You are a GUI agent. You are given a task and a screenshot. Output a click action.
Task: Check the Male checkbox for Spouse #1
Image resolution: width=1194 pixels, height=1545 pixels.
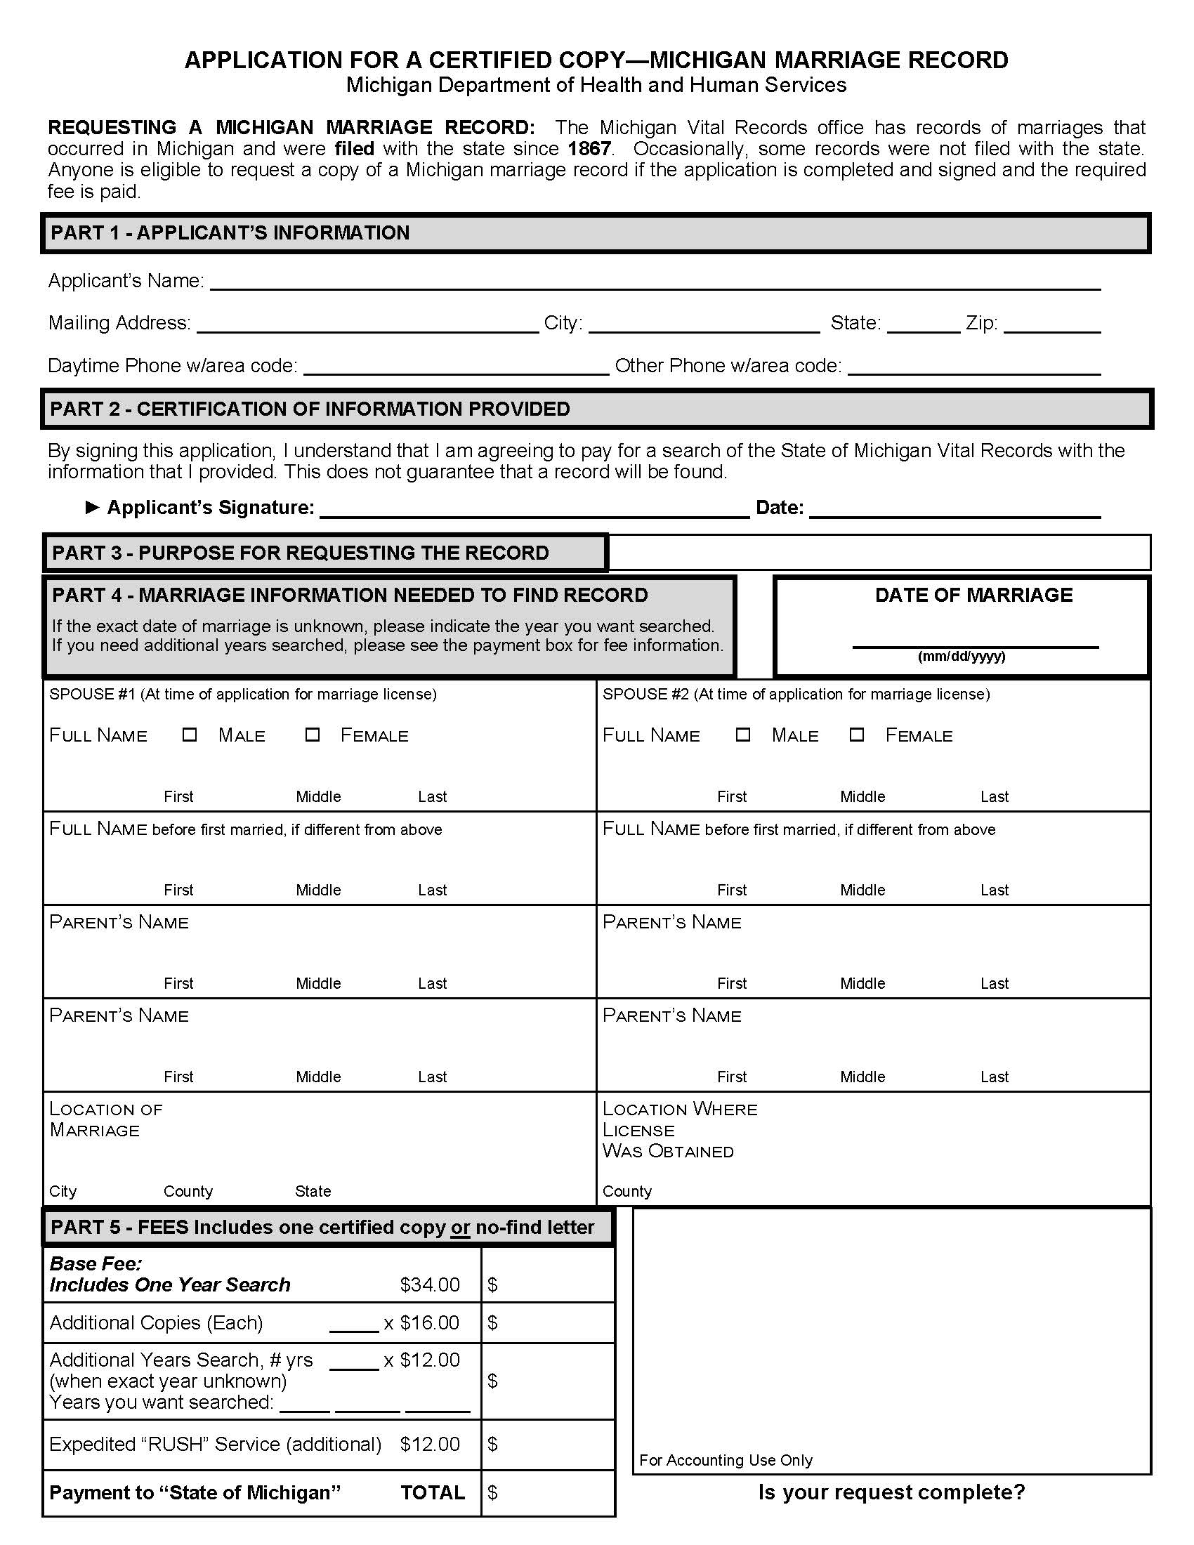[189, 735]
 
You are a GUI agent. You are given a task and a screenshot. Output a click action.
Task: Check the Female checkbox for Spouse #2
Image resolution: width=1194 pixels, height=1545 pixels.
[857, 735]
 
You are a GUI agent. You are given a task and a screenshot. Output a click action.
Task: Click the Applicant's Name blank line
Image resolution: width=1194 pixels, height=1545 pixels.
[655, 283]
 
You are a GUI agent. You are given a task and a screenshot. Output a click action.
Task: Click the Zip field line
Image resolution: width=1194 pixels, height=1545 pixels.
[1052, 325]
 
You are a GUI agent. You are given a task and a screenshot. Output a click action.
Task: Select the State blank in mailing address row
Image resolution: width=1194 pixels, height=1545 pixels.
[922, 325]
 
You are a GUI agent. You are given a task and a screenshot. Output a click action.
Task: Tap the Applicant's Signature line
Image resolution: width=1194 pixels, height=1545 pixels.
[534, 511]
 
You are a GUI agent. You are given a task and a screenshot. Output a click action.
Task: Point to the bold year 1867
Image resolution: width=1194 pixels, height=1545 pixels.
[589, 149]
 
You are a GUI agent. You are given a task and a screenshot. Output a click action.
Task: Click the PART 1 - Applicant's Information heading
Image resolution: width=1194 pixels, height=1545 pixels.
[230, 232]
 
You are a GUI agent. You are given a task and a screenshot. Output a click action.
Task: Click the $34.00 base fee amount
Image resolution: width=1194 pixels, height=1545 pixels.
[429, 1284]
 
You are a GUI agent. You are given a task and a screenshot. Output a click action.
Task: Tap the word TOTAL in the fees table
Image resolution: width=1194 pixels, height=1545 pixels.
[433, 1492]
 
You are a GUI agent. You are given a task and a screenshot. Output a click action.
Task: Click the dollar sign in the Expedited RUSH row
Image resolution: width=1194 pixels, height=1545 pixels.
[493, 1444]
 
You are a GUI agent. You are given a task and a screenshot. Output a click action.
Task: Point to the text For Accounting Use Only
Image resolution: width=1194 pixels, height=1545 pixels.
[726, 1460]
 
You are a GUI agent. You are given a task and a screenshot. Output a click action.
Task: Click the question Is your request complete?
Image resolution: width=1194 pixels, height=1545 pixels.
[891, 1492]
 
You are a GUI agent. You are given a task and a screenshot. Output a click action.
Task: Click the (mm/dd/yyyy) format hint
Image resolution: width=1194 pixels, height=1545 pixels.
[962, 657]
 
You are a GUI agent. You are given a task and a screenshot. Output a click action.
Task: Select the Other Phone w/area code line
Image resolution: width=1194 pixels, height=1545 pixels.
[973, 368]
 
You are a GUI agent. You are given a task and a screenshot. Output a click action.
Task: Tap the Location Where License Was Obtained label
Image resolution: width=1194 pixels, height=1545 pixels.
[679, 1130]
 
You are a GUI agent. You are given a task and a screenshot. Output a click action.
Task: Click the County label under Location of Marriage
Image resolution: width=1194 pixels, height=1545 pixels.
[188, 1191]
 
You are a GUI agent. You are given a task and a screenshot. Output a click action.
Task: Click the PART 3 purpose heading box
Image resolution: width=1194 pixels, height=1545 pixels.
[325, 553]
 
